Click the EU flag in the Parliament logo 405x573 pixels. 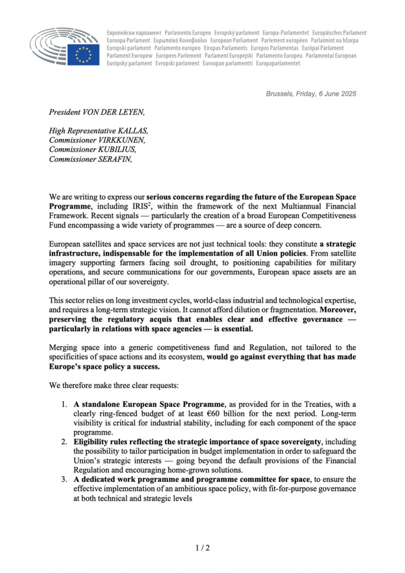point(83,54)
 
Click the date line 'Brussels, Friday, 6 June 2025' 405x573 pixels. point(311,94)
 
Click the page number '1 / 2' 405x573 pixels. point(202,547)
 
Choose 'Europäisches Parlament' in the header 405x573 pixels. point(339,33)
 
